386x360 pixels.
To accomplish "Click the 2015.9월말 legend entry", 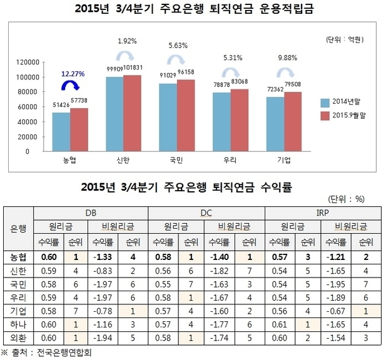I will click(x=350, y=116).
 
